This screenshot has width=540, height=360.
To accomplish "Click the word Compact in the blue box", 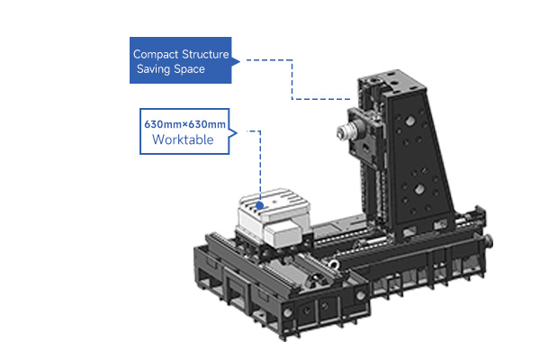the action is (x=156, y=54).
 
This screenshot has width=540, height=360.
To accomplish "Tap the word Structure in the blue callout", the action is (x=205, y=54).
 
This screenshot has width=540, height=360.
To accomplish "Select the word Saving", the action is (x=153, y=69).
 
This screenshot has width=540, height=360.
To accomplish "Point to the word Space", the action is (x=189, y=69).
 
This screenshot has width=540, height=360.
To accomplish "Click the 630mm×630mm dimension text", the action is (x=184, y=124).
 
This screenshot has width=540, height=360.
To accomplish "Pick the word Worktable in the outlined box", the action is (x=183, y=139).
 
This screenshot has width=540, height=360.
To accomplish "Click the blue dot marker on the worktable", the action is (x=260, y=206).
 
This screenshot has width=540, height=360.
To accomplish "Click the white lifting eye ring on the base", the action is (x=334, y=265).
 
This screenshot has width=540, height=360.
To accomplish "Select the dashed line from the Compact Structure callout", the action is (x=292, y=80).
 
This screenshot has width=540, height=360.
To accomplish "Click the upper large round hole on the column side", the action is (x=409, y=121).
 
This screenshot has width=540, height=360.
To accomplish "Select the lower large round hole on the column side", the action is (x=419, y=189).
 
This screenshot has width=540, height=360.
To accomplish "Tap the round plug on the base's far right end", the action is (x=489, y=240).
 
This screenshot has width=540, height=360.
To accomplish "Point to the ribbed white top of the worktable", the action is (x=274, y=204).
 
